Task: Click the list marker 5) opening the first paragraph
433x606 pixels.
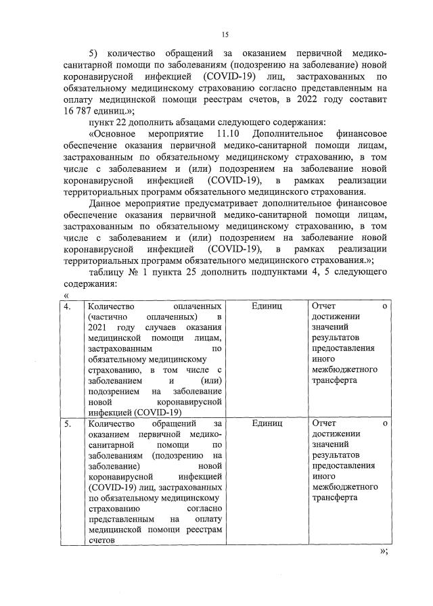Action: (95, 53)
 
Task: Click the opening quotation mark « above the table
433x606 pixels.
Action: (66, 295)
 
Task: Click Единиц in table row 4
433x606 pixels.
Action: (266, 306)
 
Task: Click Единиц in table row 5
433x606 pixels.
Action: (266, 423)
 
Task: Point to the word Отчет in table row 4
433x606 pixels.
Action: (323, 306)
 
